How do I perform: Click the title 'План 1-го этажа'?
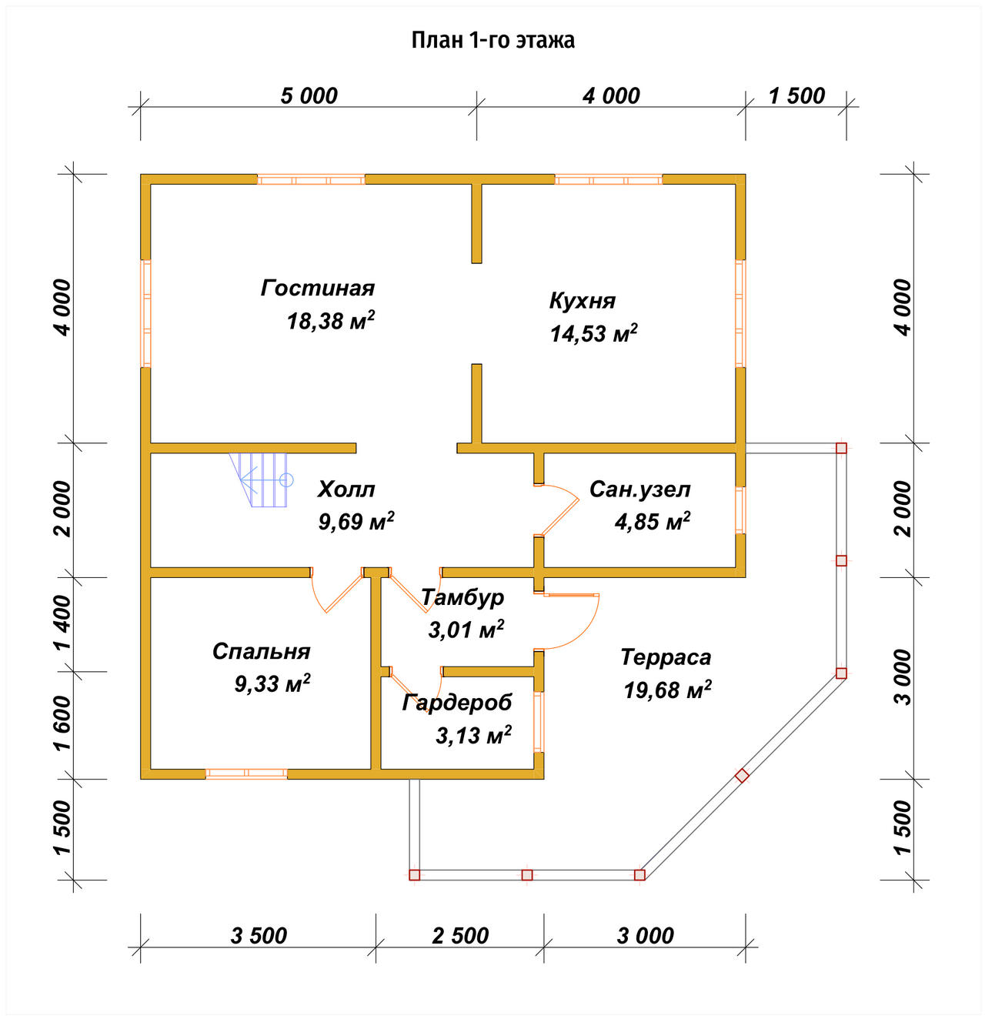tap(492, 40)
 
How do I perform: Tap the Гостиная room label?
tap(318, 289)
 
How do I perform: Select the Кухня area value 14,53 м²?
tap(593, 333)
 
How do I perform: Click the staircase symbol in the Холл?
tap(261, 479)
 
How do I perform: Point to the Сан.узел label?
tap(640, 489)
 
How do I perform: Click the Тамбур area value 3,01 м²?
tap(466, 630)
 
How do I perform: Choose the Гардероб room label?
tap(456, 703)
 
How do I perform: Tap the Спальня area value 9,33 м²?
tap(272, 683)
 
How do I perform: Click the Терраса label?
tap(666, 657)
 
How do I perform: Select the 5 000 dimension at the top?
tap(309, 96)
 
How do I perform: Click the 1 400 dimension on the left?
tap(63, 622)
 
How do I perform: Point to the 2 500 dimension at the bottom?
tap(459, 936)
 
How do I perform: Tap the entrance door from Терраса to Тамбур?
tap(572, 621)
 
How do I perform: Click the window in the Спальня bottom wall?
tap(246, 773)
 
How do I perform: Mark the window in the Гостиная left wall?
tap(145, 313)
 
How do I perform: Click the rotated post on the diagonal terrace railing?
tap(742, 776)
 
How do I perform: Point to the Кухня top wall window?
tap(609, 179)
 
